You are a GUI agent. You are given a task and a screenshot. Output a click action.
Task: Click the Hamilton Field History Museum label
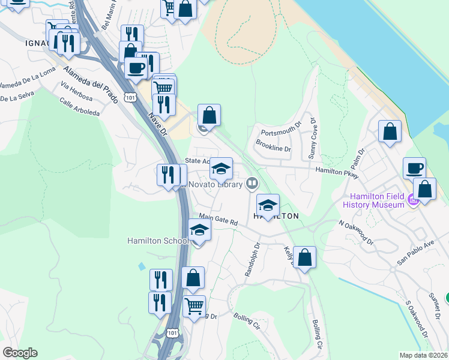373,200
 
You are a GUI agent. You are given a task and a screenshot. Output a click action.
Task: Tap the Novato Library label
217,184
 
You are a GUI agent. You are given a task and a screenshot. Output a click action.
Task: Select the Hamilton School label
158,241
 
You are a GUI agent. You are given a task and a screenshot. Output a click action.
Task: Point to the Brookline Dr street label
273,145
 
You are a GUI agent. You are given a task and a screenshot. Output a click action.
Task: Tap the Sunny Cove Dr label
313,137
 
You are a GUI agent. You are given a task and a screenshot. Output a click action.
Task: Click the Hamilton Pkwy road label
337,172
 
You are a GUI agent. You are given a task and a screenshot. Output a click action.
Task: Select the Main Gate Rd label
218,220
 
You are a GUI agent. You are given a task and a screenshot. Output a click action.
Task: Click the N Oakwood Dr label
355,232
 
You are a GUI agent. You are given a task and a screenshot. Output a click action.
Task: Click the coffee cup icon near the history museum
414,169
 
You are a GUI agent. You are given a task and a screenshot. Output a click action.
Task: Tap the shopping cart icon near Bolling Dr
194,306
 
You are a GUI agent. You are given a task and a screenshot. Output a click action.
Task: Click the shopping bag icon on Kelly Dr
305,257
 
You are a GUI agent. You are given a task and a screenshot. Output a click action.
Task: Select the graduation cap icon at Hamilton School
199,230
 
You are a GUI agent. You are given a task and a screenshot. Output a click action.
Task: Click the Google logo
20,353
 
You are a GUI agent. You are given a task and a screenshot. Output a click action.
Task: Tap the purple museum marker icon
412,200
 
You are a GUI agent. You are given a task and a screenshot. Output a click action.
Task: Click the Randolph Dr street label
251,259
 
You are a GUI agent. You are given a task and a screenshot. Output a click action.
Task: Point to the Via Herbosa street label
76,91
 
